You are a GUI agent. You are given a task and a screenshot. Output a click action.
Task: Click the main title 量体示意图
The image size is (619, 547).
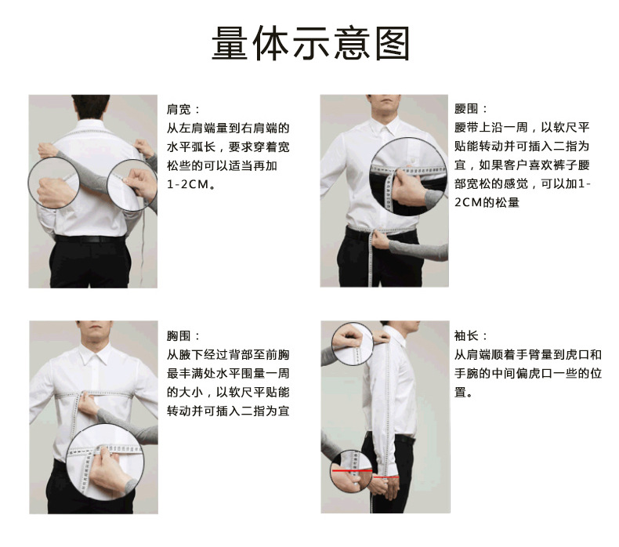310,43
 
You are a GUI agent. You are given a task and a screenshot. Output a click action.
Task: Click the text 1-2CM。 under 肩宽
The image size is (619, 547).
192,185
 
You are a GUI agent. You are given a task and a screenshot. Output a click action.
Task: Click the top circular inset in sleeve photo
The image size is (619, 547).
352,343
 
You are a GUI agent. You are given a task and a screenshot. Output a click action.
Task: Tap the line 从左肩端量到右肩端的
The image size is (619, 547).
228,128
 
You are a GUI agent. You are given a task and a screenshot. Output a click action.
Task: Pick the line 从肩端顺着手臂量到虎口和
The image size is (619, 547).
528,354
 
